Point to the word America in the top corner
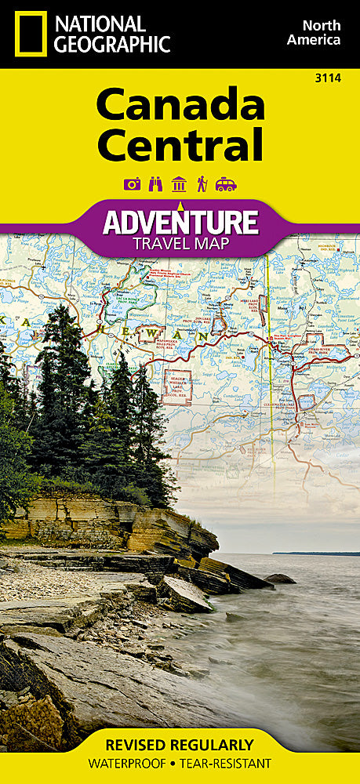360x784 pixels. (314, 39)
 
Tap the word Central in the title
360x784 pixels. (180, 146)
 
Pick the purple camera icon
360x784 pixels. (132, 184)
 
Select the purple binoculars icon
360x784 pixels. (155, 184)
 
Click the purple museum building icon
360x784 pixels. (178, 184)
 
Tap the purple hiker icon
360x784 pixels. (202, 184)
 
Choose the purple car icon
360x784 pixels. (226, 184)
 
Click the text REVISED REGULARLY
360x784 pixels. (180, 744)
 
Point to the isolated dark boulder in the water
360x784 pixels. (279, 579)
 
